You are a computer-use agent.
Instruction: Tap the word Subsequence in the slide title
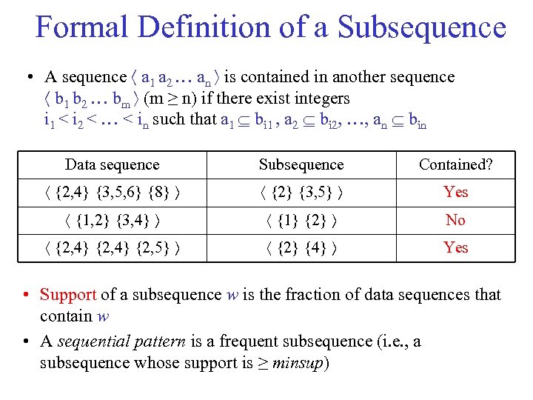coord(422,27)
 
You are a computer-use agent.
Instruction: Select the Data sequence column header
coord(112,164)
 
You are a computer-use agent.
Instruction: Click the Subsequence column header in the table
coord(301,164)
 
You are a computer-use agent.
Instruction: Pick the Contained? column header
coord(455,164)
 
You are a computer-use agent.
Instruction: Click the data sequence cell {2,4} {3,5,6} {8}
coord(112,193)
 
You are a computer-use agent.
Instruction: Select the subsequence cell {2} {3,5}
coord(301,193)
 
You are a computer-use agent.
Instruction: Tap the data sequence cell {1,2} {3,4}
coord(112,220)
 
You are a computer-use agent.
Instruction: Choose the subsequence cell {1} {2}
coord(301,220)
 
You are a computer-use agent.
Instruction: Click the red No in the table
coord(455,220)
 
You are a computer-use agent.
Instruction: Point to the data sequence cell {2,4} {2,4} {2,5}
coord(112,248)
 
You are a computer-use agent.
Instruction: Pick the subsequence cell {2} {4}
coord(301,248)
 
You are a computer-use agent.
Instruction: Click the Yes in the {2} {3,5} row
coord(455,192)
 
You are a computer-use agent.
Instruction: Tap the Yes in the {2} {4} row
coord(455,247)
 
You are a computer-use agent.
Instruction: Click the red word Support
coord(68,295)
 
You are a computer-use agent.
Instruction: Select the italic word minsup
coord(301,363)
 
